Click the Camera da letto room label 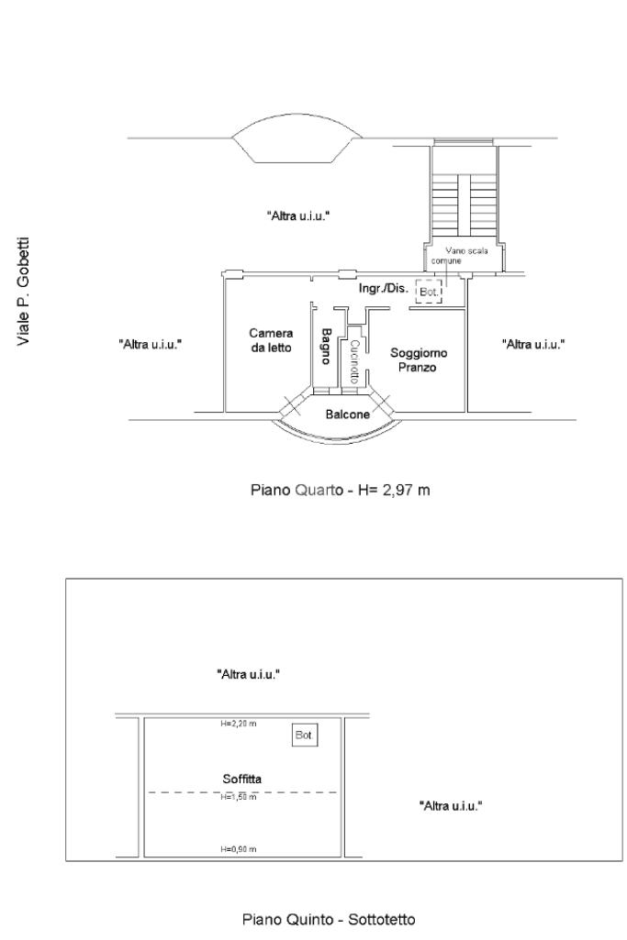(271, 340)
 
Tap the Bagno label (327, 346)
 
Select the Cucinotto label (354, 361)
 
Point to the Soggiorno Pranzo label (419, 359)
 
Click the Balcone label (347, 414)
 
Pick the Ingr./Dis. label (384, 288)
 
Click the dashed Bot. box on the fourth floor (429, 292)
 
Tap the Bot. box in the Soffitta (305, 735)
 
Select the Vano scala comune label (459, 255)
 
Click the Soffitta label (241, 779)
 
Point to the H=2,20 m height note (238, 724)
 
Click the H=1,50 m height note (238, 797)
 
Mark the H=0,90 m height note (238, 849)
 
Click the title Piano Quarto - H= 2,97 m (341, 491)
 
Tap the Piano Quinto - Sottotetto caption (329, 919)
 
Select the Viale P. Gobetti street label (23, 292)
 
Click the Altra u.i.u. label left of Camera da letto (150, 345)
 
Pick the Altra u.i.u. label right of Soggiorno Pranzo (533, 344)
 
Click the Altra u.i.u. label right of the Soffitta (451, 806)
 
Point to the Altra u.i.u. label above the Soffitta (249, 674)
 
